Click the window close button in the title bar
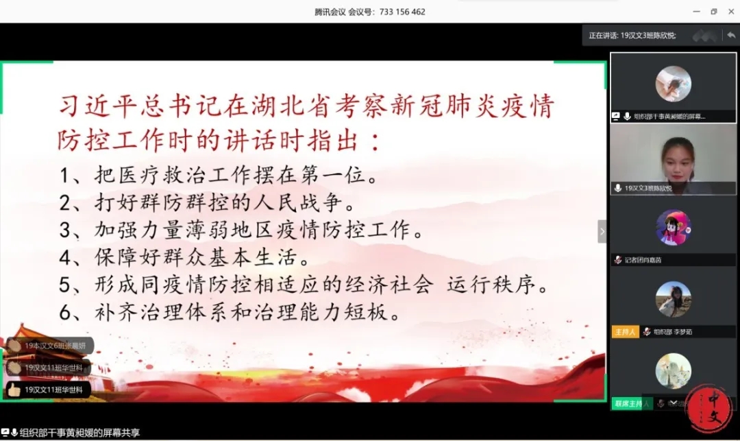pyautogui.click(x=730, y=12)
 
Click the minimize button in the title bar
pyautogui.click(x=697, y=12)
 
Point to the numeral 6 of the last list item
pyautogui.click(x=66, y=313)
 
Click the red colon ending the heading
pyautogui.click(x=374, y=143)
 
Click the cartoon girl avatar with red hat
pyautogui.click(x=673, y=227)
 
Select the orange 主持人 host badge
pyautogui.click(x=625, y=332)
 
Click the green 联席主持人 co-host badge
pyautogui.click(x=628, y=404)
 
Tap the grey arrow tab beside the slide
pyautogui.click(x=602, y=231)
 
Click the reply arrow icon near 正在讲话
pyautogui.click(x=731, y=35)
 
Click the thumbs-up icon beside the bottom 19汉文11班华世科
pyautogui.click(x=14, y=390)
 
